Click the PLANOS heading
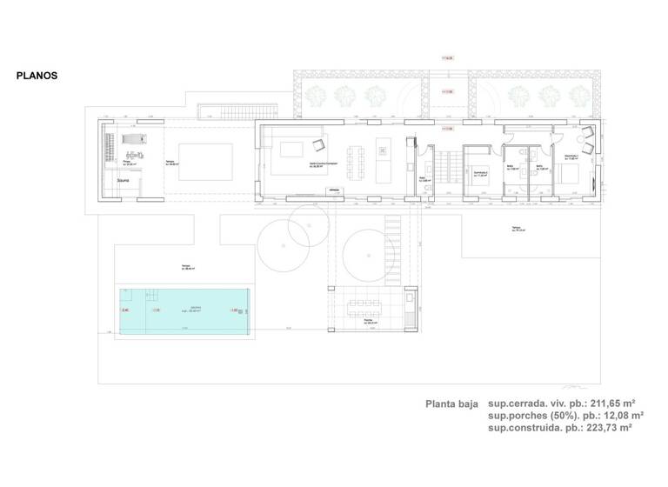point(37,76)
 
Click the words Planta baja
point(451,404)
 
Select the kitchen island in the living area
point(380,154)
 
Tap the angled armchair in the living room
point(317,144)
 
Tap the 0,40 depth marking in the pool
point(124,310)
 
